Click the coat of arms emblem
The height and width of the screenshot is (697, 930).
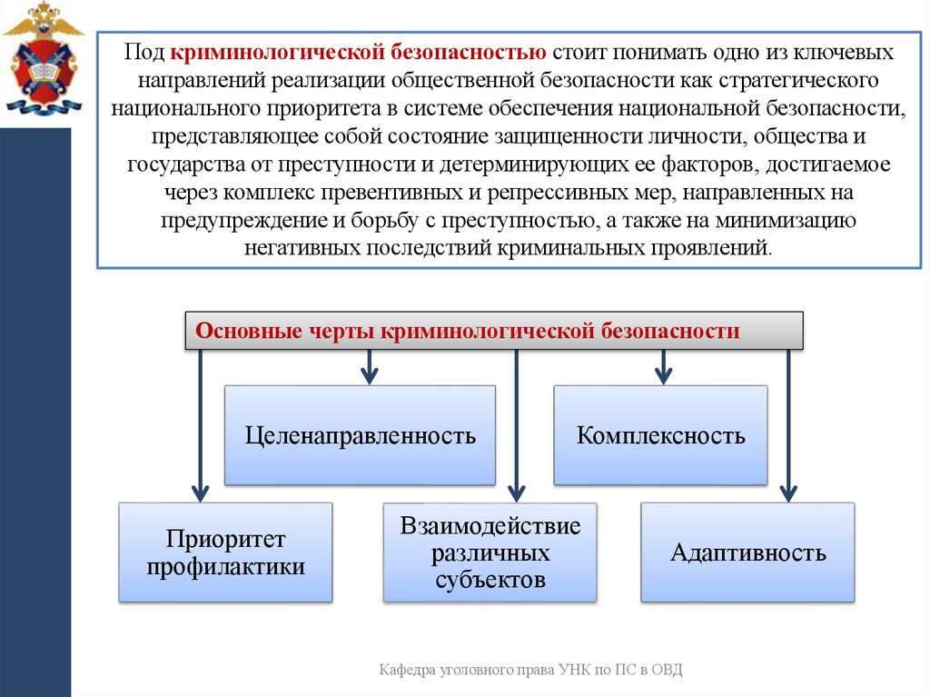coord(42,60)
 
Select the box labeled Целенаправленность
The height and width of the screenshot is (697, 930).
coord(360,435)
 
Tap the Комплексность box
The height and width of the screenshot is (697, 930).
coord(660,435)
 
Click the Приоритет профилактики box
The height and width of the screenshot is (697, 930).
coord(225,553)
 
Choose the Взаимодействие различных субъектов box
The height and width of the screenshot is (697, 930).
coord(490,553)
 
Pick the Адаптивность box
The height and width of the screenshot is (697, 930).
coord(747,553)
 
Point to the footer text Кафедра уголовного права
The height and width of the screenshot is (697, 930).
coord(473,670)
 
